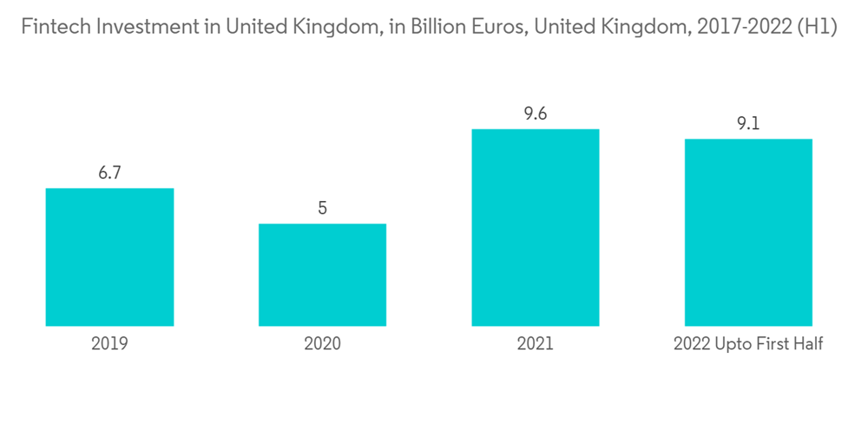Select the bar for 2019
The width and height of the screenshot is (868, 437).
tap(109, 257)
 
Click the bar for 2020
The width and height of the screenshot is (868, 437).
tap(322, 275)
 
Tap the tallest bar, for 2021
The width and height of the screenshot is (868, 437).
tap(535, 227)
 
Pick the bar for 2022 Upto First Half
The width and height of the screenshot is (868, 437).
tap(748, 232)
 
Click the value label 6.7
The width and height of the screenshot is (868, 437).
tap(109, 173)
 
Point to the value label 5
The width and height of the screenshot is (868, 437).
tap(322, 208)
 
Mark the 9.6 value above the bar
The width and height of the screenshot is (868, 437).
tap(535, 114)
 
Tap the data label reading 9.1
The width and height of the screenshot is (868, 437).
tap(748, 124)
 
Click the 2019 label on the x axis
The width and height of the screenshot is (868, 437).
tap(109, 344)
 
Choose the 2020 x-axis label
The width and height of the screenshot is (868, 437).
tap(322, 344)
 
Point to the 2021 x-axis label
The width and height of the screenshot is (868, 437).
tap(535, 344)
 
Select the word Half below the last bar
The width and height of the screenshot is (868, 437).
tap(806, 344)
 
